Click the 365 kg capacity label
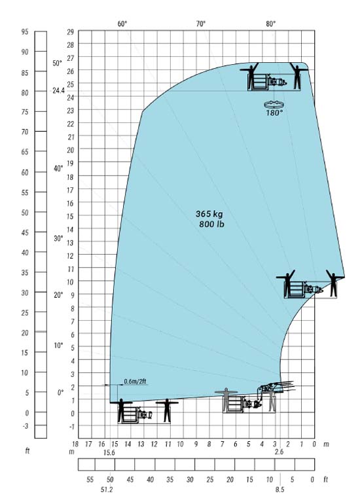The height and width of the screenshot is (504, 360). tap(209, 214)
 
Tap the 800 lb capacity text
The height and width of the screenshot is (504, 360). tap(211, 224)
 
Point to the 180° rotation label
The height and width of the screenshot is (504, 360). tap(274, 113)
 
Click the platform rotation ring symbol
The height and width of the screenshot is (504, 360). tap(274, 104)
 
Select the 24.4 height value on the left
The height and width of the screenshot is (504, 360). tap(58, 90)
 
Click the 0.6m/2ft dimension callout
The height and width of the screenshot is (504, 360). tap(135, 382)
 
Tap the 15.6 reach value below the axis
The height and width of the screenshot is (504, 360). tap(109, 452)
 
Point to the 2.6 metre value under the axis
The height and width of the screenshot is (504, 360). tap(279, 452)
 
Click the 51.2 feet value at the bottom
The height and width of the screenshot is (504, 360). tap(107, 490)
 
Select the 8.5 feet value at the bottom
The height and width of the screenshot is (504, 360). tap(279, 490)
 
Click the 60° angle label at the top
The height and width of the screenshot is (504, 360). tap(122, 24)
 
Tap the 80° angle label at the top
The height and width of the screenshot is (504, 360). tap(270, 24)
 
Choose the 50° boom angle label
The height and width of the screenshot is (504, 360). tap(58, 63)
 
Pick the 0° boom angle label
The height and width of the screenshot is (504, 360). tap(60, 393)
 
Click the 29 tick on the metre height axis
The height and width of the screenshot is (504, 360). tap(71, 32)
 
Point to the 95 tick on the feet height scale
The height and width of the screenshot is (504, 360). tap(25, 32)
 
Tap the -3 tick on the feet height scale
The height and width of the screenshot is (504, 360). tap(26, 426)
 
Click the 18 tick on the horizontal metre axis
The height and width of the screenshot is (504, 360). tap(75, 444)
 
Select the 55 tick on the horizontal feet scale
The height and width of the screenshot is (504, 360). tap(90, 480)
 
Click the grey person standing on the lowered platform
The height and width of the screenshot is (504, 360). tap(226, 399)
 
